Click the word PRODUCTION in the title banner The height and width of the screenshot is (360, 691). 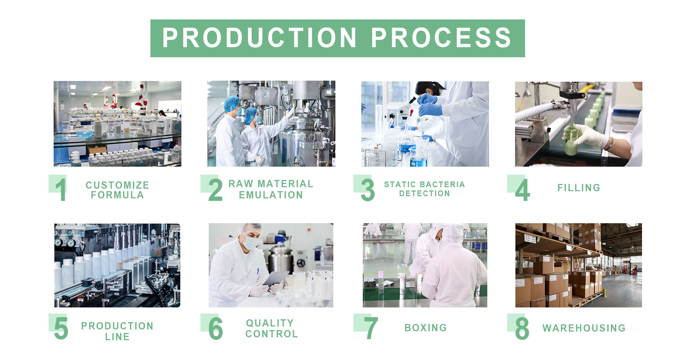[259, 38]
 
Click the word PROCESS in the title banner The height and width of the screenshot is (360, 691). [441, 38]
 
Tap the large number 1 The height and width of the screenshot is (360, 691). [61, 190]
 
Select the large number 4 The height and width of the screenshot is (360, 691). [522, 190]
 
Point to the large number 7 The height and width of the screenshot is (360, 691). [371, 328]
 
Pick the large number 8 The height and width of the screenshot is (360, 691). [522, 328]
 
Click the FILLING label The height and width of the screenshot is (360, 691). [579, 188]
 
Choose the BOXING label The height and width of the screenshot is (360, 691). [425, 328]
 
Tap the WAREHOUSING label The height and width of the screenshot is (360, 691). [584, 328]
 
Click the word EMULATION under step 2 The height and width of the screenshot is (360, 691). [271, 195]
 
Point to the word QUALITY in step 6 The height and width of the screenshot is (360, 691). [270, 323]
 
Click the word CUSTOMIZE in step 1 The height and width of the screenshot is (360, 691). [117, 185]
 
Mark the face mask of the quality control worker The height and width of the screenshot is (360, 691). [250, 240]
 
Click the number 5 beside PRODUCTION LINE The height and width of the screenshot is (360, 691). [61, 328]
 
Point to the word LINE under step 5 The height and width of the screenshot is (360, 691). [117, 337]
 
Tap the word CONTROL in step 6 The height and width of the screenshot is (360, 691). [272, 334]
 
